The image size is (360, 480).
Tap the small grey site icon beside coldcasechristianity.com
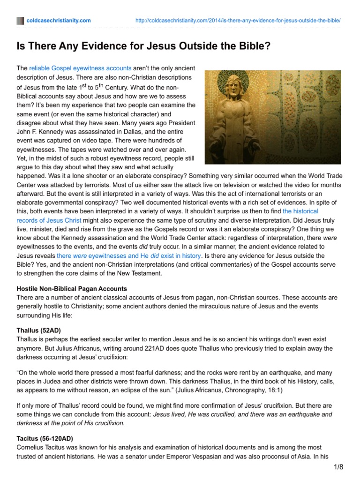tap(20, 21)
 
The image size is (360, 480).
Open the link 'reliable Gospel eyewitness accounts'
tap(80, 68)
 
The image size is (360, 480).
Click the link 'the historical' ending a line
tap(300, 211)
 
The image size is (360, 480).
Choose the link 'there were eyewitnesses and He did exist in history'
tap(129, 256)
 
